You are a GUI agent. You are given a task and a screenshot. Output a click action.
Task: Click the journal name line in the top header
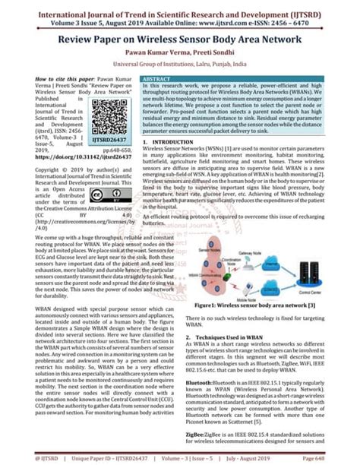click(x=180, y=7)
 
